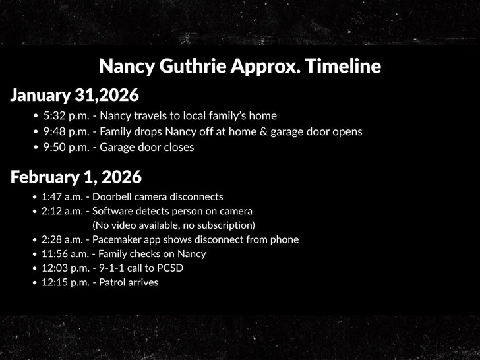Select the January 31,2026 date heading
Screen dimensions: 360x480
click(x=75, y=96)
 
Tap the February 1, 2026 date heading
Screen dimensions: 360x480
click(x=76, y=177)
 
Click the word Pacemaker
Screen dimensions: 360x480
click(x=117, y=240)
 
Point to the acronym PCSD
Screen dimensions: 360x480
click(x=169, y=268)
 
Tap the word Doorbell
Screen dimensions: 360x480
click(x=113, y=197)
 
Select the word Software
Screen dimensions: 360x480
click(x=113, y=212)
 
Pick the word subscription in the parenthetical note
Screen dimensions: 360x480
click(x=222, y=225)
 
